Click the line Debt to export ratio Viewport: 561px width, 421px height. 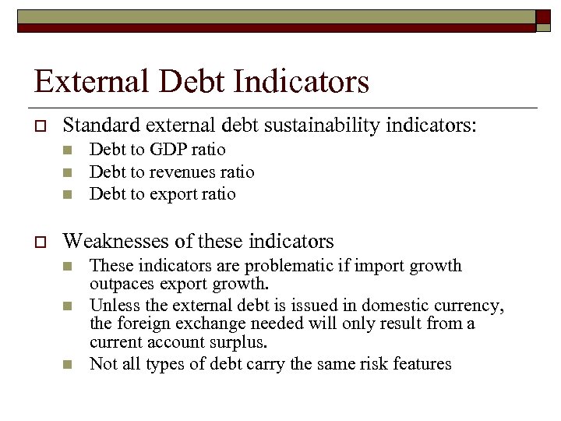coord(162,193)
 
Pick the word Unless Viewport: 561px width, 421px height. coord(113,304)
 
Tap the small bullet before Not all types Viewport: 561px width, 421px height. coord(68,364)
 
